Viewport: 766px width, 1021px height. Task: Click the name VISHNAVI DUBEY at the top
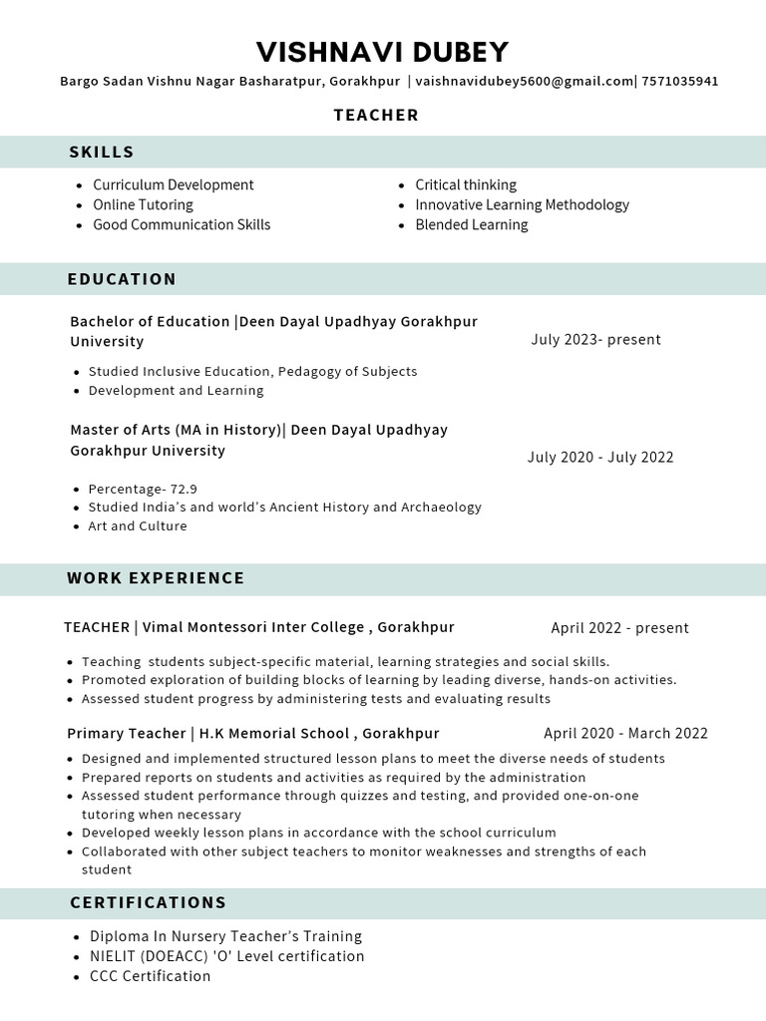382,52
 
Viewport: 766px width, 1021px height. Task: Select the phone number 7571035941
679,82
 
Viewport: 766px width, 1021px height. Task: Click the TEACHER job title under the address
376,115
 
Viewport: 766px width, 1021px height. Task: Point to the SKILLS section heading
101,152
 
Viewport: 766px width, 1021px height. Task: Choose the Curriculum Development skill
173,184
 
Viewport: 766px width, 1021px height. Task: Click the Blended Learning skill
471,224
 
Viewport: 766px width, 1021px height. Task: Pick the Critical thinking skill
465,184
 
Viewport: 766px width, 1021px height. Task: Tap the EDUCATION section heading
122,279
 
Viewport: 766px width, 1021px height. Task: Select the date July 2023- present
595,339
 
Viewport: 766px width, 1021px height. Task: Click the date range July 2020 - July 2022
600,457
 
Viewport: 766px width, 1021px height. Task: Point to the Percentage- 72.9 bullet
143,489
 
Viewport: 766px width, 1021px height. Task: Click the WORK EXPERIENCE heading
156,578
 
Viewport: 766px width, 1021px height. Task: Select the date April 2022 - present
619,628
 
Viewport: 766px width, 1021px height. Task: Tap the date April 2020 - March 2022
625,733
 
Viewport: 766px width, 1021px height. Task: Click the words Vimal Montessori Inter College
253,627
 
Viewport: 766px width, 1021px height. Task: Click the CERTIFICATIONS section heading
148,902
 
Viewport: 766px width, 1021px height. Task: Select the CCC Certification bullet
150,976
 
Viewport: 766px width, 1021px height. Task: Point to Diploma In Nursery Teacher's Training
225,936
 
